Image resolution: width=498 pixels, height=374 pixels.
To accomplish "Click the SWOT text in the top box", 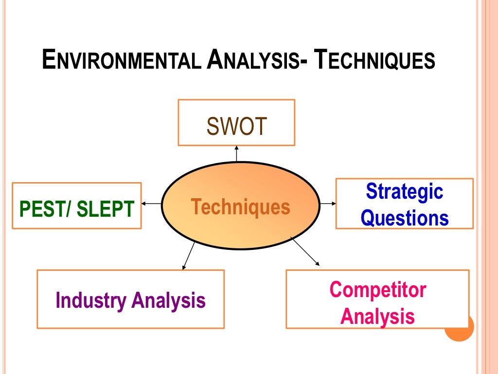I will pos(237,127).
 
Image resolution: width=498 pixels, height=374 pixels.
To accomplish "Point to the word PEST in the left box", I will pos(41,209).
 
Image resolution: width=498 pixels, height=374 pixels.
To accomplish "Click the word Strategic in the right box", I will pos(405,191).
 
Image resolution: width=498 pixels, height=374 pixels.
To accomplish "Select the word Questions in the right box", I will pos(405,218).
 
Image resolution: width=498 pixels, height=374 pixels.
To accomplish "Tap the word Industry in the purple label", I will pos(90,300).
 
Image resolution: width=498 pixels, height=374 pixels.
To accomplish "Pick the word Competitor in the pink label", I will pos(378,290).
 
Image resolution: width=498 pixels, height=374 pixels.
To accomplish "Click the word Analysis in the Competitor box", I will pos(378,317).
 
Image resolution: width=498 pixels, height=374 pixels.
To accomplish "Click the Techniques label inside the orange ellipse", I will pos(240,207).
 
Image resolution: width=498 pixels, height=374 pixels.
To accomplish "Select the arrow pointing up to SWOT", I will pos(237,153).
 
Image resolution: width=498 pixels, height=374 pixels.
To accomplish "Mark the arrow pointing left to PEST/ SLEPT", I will pos(151,204).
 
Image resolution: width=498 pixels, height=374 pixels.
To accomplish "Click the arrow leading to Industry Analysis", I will pos(189,255).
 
